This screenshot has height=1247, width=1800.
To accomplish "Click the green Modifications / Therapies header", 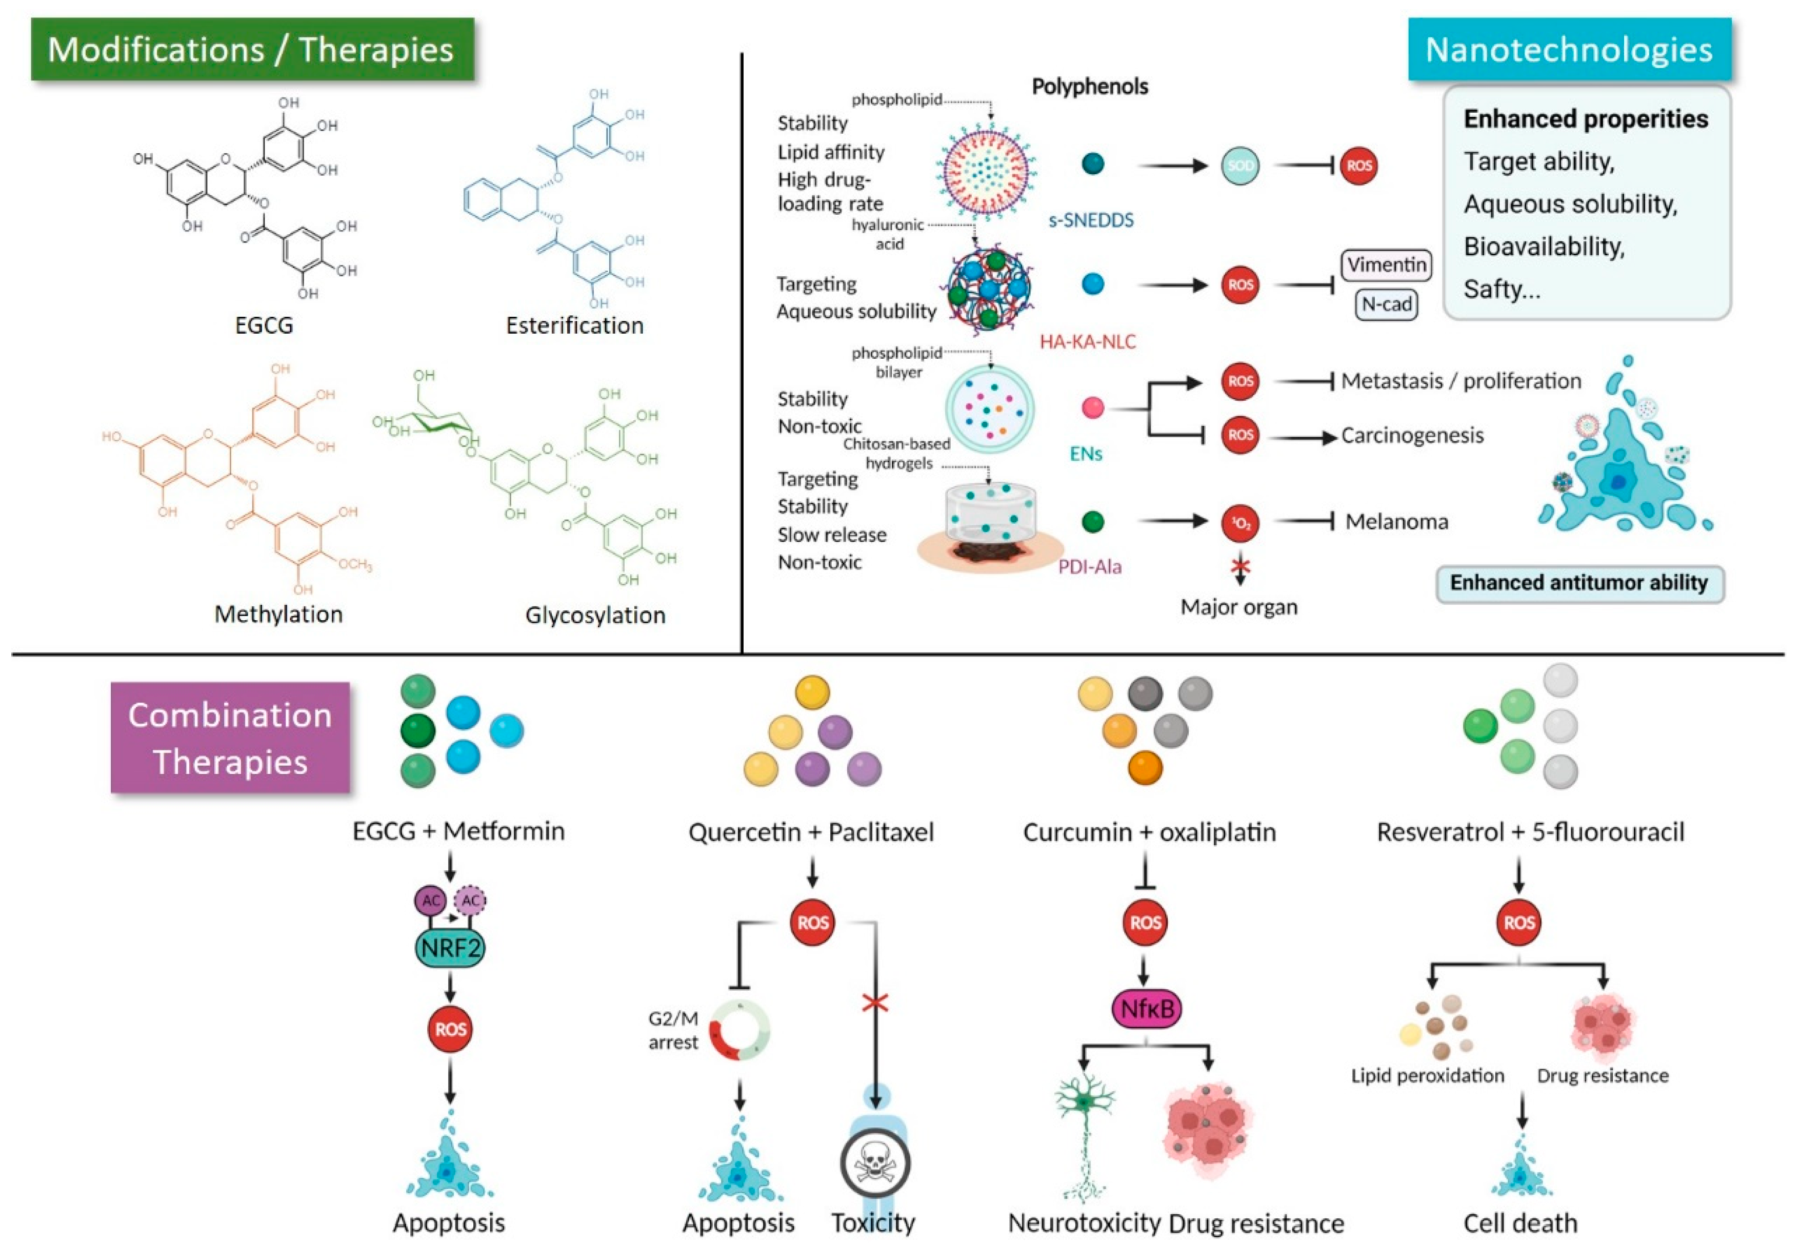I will (x=252, y=49).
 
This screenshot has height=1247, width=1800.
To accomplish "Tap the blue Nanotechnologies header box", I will (x=1569, y=49).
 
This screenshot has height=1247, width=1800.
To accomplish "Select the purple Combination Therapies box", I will (x=230, y=738).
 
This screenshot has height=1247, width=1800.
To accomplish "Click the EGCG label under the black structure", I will (x=264, y=325).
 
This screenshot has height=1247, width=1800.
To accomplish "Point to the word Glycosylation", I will (x=595, y=615).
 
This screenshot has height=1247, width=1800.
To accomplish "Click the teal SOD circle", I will (x=1241, y=166).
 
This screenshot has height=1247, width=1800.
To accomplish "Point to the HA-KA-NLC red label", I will (x=1087, y=341).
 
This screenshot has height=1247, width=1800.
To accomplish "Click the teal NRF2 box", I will (x=450, y=949).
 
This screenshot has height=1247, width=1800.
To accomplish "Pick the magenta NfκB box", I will (x=1147, y=1009).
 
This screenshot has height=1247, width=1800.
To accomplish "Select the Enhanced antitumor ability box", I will (x=1579, y=583).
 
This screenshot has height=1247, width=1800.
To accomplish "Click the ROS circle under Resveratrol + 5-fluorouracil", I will (x=1518, y=923).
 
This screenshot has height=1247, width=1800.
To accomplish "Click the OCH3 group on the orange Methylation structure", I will (x=355, y=565).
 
